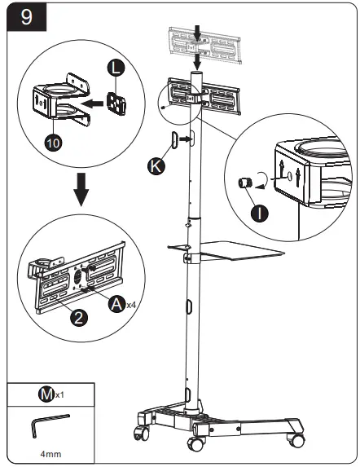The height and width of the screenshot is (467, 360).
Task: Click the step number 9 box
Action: click(x=25, y=18)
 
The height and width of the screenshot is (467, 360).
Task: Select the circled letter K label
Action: click(x=156, y=166)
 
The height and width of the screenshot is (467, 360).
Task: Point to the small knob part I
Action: click(x=243, y=185)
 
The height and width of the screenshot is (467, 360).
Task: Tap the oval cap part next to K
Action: click(x=174, y=140)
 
